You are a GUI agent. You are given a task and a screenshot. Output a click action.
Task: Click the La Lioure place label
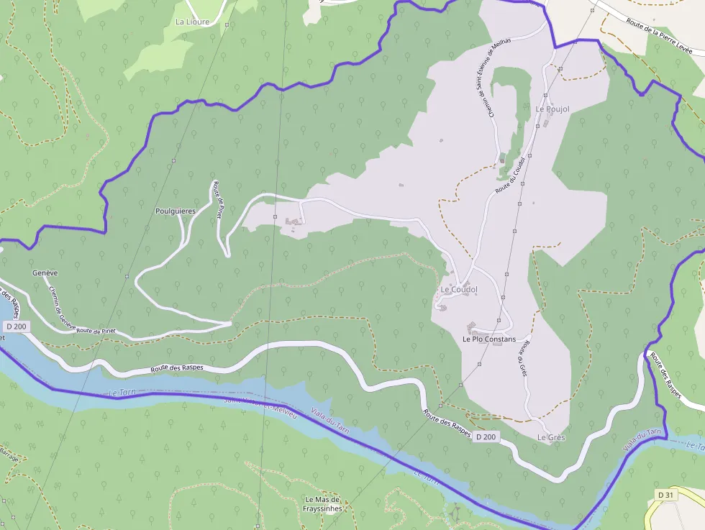pyautogui.click(x=192, y=22)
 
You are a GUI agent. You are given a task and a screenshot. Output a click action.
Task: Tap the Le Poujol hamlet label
pyautogui.click(x=552, y=109)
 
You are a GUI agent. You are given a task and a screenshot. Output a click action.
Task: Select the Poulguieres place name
pyautogui.click(x=176, y=211)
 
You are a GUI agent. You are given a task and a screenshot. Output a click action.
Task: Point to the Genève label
pyautogui.click(x=45, y=273)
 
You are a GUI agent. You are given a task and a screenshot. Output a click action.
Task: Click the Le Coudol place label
pyautogui.click(x=458, y=289)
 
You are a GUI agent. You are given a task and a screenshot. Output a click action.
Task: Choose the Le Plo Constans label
pyautogui.click(x=489, y=339)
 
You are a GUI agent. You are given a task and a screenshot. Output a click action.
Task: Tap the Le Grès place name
pyautogui.click(x=551, y=437)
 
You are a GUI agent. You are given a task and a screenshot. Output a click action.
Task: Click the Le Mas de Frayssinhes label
pyautogui.click(x=322, y=504)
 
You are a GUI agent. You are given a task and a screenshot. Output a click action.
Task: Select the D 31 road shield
pyautogui.click(x=665, y=495)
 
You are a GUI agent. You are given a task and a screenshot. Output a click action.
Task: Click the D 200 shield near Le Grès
pyautogui.click(x=486, y=437)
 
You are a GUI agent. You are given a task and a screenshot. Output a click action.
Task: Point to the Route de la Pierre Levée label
pyautogui.click(x=659, y=37)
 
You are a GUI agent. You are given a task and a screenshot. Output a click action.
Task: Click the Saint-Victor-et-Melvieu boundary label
pyautogui.click(x=256, y=404)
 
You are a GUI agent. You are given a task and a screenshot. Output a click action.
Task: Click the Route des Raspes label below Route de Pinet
pyautogui.click(x=177, y=368)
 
